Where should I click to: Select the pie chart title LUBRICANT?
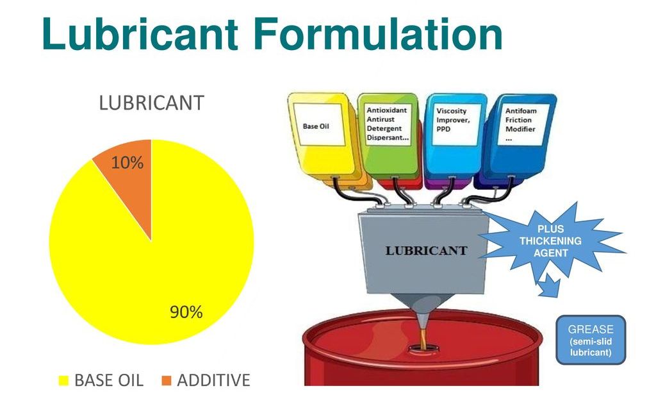coord(151,103)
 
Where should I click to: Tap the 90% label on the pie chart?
coord(186,312)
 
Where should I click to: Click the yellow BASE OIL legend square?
coord(63,380)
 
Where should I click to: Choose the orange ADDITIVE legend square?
coord(167,380)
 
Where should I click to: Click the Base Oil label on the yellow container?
coord(316,126)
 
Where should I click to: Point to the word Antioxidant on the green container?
coord(386,110)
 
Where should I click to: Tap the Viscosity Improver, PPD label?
coord(453,120)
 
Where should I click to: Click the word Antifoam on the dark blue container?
coord(520,111)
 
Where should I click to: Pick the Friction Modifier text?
coord(520,124)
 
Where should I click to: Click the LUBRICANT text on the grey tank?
coord(426,251)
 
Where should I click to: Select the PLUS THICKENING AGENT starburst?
coord(550,241)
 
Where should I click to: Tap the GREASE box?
coord(591,340)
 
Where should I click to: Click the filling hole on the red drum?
coord(423,348)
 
